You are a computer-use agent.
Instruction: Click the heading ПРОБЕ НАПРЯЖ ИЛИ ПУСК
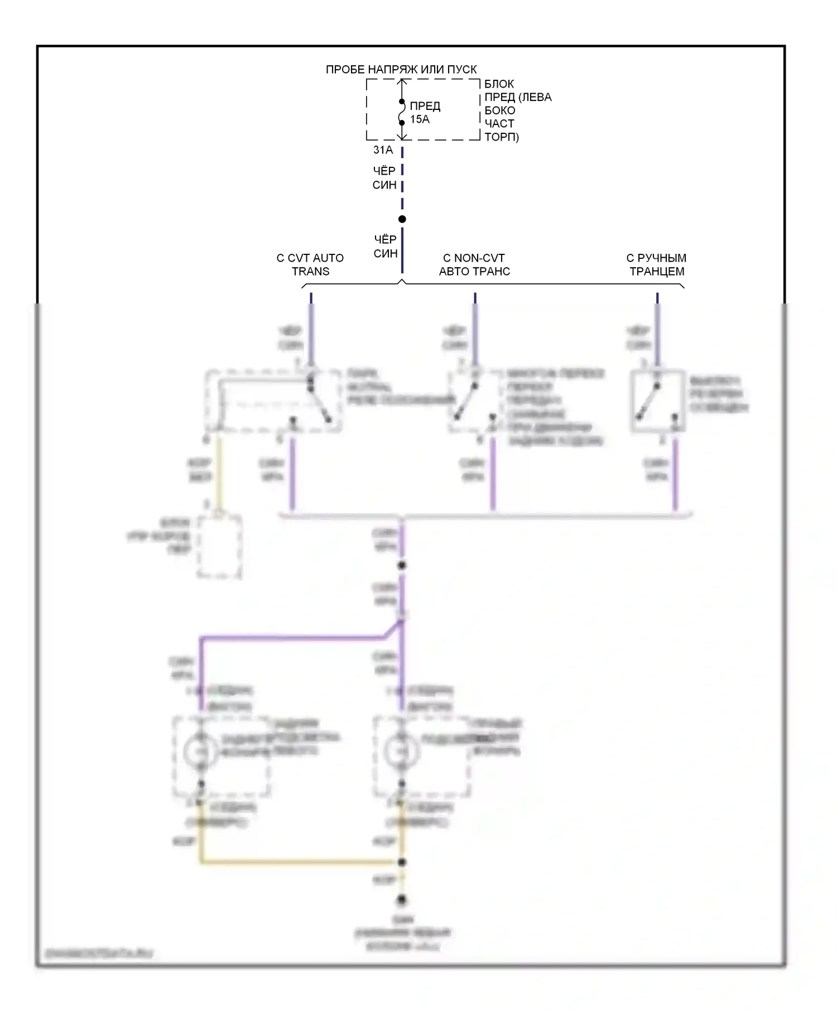click(x=401, y=70)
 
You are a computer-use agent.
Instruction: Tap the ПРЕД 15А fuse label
click(x=425, y=112)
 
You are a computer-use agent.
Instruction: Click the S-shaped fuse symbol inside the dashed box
click(x=402, y=112)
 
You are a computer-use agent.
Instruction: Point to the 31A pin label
click(x=383, y=150)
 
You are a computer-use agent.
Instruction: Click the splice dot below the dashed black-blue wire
click(x=402, y=219)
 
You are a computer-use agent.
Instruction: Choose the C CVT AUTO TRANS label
click(x=310, y=265)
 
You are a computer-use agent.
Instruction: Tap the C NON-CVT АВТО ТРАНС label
click(x=474, y=265)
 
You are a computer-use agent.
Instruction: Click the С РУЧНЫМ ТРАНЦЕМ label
click(x=657, y=265)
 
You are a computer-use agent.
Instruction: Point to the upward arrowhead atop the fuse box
click(x=402, y=82)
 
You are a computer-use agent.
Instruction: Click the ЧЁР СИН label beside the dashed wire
click(x=384, y=177)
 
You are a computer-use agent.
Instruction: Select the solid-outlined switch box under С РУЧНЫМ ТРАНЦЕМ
click(x=658, y=401)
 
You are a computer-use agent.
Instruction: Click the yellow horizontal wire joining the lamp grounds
click(x=301, y=862)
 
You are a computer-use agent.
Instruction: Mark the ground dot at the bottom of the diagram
click(x=402, y=900)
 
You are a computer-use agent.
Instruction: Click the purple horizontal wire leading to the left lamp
click(x=290, y=637)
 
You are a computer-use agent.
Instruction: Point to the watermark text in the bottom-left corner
click(x=99, y=954)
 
